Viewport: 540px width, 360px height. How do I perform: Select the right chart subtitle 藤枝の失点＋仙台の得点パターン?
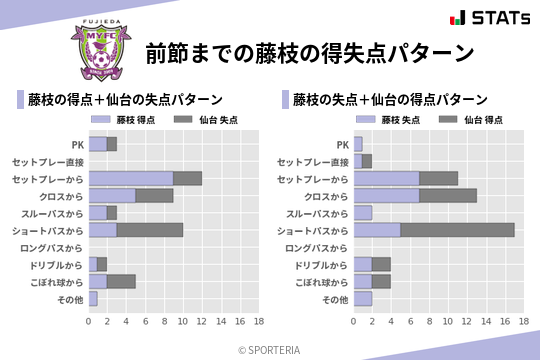coord(390,100)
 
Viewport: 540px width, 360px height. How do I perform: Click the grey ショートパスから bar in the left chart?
coord(150,230)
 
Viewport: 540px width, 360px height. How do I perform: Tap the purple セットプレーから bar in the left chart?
coord(131,178)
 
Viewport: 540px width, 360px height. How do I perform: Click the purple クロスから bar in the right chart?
coord(386,195)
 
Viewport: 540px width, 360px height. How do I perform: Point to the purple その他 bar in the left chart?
coord(93,298)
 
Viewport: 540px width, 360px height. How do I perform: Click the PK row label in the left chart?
coord(77,145)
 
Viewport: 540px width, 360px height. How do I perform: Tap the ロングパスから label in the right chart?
coord(316,247)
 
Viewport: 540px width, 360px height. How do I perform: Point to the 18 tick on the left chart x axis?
coord(258,321)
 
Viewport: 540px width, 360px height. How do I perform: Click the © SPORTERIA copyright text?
coord(270,349)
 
